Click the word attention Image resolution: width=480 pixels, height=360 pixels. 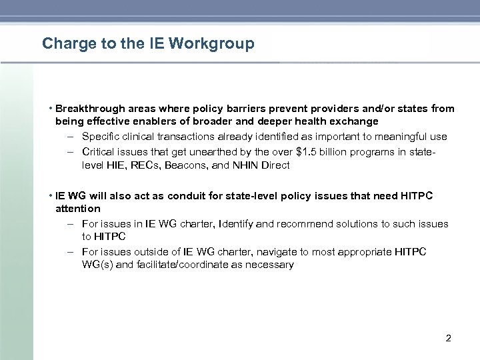pyautogui.click(x=77, y=208)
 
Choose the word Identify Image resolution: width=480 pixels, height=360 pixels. pyautogui.click(x=236, y=224)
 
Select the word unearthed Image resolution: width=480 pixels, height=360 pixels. pyautogui.click(x=197, y=151)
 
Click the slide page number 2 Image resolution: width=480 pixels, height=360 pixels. pyautogui.click(x=448, y=339)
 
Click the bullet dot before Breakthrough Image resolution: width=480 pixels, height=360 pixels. pyautogui.click(x=51, y=108)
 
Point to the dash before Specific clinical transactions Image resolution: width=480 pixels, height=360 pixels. pyautogui.click(x=70, y=137)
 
